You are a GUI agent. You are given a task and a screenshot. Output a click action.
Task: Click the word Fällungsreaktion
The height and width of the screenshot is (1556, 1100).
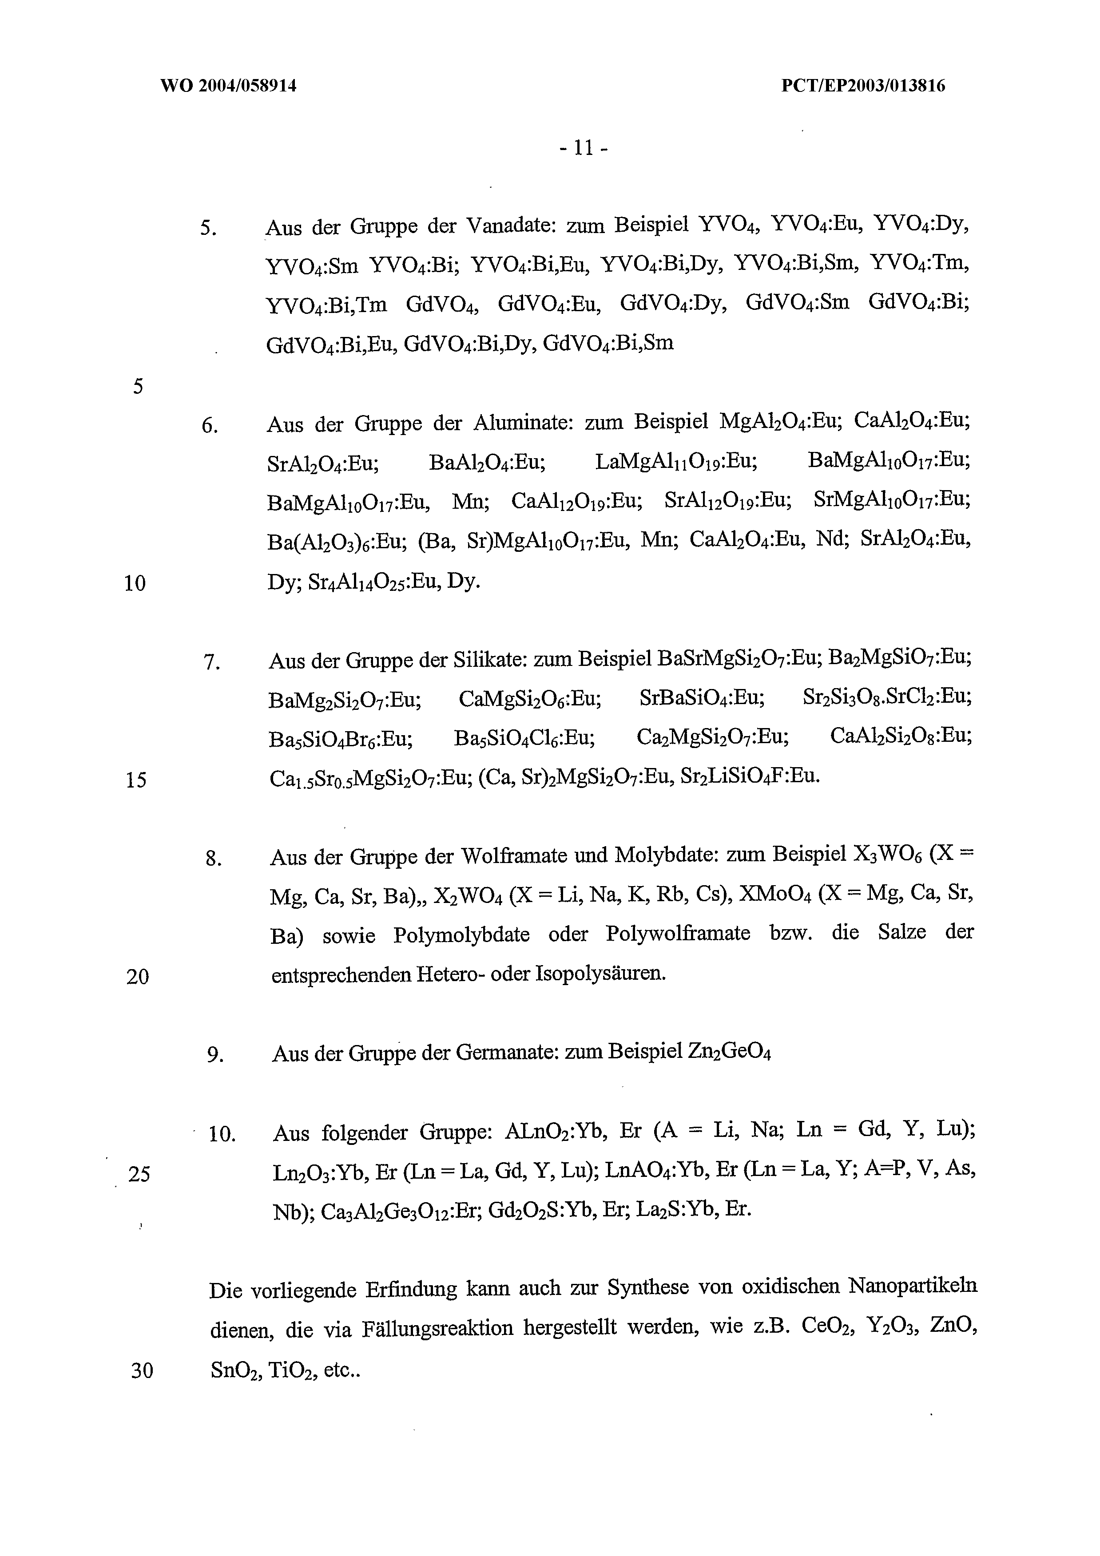click(x=437, y=1328)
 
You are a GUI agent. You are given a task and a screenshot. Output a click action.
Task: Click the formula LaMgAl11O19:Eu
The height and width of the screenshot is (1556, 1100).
click(x=676, y=462)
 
